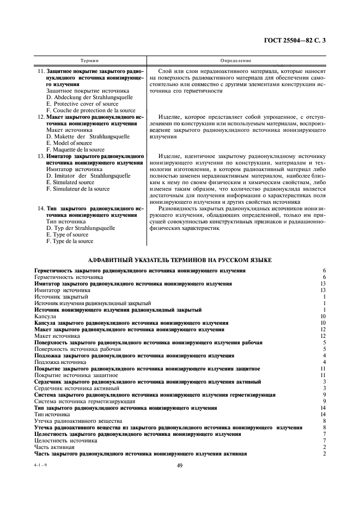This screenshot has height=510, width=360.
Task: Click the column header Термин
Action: [89, 61]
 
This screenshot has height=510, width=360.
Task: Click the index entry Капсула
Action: [45, 316]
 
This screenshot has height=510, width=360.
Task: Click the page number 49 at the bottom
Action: [180, 465]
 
